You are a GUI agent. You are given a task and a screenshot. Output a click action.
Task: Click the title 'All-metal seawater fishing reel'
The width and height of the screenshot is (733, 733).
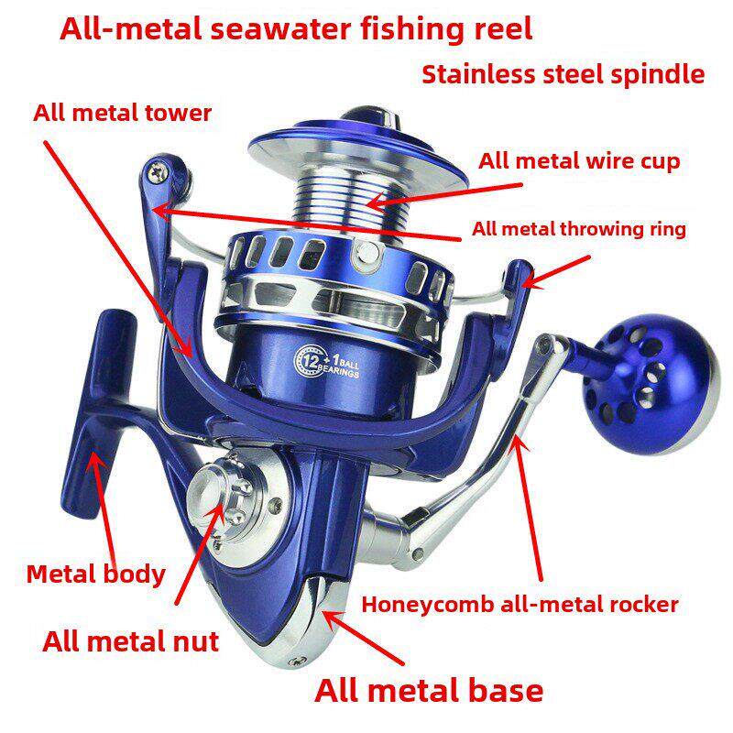click(296, 29)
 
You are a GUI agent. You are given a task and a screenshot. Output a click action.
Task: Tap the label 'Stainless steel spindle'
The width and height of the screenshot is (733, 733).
click(563, 75)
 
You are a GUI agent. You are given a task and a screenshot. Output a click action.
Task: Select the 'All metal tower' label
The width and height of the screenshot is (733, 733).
click(123, 113)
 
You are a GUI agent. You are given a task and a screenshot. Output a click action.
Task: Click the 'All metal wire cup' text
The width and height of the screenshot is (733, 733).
click(579, 162)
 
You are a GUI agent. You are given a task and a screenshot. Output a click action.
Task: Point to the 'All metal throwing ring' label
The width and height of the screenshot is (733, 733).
click(579, 229)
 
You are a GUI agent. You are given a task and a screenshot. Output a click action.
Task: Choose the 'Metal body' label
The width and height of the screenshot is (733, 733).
click(96, 574)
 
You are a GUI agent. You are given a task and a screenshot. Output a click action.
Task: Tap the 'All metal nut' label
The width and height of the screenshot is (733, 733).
click(130, 640)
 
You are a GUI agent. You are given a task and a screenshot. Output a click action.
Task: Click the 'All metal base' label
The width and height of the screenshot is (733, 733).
click(429, 690)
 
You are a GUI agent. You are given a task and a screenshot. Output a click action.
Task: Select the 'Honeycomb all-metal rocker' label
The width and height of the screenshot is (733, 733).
click(520, 605)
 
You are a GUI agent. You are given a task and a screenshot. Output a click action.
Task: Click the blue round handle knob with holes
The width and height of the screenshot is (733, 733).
click(650, 377)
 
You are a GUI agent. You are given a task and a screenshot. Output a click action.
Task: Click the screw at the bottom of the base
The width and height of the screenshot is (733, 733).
click(297, 661)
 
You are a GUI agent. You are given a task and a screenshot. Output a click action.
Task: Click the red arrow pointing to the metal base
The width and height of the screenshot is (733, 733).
click(363, 637)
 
